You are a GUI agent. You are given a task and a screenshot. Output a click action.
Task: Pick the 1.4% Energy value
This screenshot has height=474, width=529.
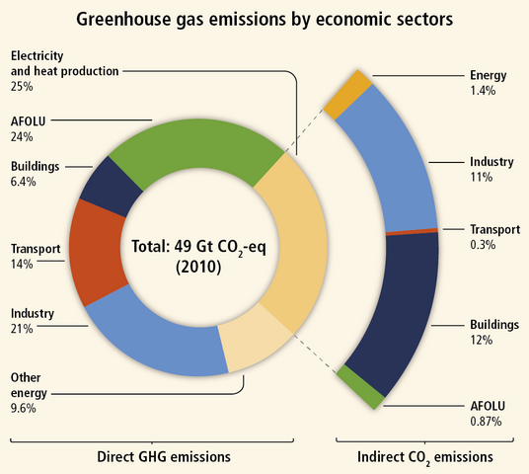tap(482, 90)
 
